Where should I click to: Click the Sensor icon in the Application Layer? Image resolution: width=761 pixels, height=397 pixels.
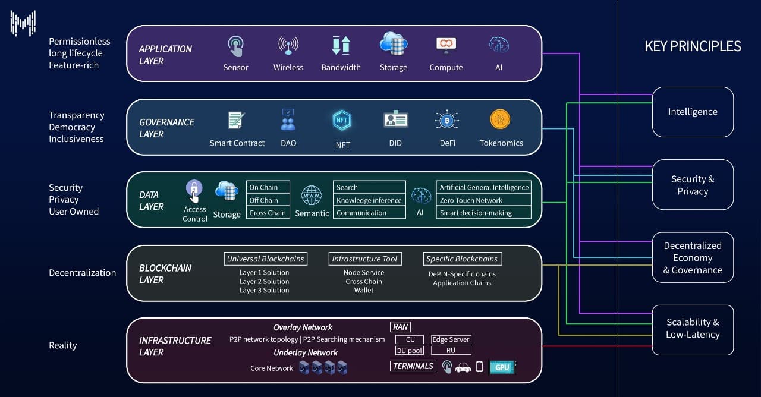tap(235, 46)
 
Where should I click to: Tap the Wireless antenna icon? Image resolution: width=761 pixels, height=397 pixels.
tap(288, 46)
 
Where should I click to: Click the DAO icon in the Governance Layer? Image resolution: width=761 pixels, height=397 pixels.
tap(288, 119)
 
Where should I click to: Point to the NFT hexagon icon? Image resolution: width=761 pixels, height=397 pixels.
tap(342, 120)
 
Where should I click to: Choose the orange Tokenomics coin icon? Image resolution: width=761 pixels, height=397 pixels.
tap(500, 119)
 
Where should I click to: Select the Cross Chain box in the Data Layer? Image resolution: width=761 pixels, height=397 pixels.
tap(268, 213)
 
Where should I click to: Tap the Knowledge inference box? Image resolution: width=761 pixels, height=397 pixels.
tap(369, 200)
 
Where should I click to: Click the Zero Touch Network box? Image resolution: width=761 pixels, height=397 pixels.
tap(483, 200)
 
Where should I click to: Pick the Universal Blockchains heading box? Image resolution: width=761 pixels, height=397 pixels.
tap(266, 259)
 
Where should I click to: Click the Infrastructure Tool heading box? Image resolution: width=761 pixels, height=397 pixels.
tap(364, 259)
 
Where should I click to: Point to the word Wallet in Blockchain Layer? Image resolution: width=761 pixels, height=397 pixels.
tap(364, 290)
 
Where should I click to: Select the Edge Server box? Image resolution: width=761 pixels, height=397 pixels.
tap(451, 339)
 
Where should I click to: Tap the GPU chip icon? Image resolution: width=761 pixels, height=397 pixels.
tap(502, 367)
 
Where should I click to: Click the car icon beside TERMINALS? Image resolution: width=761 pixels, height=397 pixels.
tap(463, 368)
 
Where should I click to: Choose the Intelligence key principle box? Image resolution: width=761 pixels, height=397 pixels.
tap(693, 112)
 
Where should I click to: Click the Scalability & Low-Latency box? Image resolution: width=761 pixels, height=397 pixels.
tap(693, 329)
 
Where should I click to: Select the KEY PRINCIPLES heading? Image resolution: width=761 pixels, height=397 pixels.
tap(693, 46)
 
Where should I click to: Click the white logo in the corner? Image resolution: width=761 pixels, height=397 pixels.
tap(23, 23)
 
